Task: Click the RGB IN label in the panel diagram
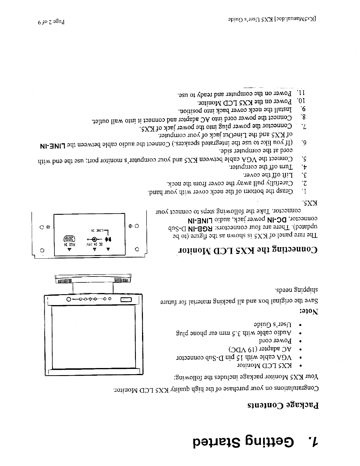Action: pyautogui.click(x=70, y=244)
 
